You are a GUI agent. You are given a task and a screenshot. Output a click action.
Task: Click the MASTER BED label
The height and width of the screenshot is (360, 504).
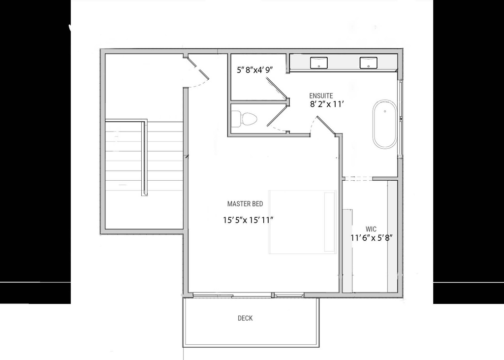pos(245,203)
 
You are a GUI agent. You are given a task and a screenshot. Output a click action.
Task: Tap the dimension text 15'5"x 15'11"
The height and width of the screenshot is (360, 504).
pos(248,220)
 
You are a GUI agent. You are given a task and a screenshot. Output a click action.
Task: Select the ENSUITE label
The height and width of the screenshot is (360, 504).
pos(321,96)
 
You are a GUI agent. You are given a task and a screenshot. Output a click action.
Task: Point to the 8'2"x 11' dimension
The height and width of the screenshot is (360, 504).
pos(326,104)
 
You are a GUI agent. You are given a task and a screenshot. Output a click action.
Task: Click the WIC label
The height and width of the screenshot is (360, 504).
pos(371,229)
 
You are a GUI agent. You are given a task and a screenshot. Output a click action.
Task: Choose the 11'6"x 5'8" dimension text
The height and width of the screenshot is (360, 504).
pos(371,238)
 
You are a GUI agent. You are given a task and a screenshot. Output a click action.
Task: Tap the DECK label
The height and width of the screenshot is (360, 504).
pos(245,318)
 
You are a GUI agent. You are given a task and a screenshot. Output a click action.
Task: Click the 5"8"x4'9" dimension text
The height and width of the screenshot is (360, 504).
pos(254,70)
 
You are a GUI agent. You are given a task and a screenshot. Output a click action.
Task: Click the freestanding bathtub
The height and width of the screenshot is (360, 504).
pos(384,124)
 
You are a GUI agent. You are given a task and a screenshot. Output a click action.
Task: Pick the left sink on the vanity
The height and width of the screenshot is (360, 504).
pos(319,63)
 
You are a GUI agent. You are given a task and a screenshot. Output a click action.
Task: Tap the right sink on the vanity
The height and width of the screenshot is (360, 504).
pos(368,63)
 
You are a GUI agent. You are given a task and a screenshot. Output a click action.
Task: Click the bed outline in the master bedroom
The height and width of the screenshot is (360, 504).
pos(302,223)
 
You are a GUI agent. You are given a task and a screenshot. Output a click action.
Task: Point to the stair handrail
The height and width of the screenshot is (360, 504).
pos(144,158)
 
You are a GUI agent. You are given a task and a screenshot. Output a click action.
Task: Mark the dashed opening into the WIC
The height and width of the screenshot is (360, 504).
pos(358,178)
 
